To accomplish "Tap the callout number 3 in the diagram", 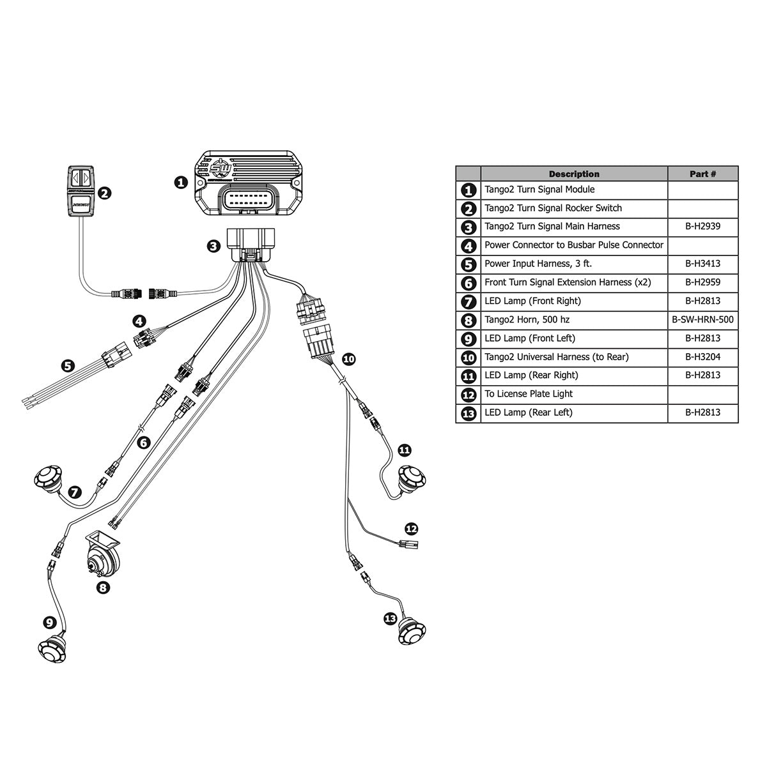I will [x=215, y=246].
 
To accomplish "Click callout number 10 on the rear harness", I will [x=348, y=359].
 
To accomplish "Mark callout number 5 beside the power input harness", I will [x=68, y=366].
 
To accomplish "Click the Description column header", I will [x=573, y=174].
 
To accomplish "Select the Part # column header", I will [x=702, y=174].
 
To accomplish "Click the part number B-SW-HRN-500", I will [x=702, y=319].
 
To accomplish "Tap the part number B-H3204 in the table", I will [x=702, y=357].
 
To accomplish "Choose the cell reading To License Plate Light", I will [x=528, y=394].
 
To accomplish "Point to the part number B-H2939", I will [x=702, y=226].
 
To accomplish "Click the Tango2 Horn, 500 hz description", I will [x=527, y=319].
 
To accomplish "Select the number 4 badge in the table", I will [x=469, y=245].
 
